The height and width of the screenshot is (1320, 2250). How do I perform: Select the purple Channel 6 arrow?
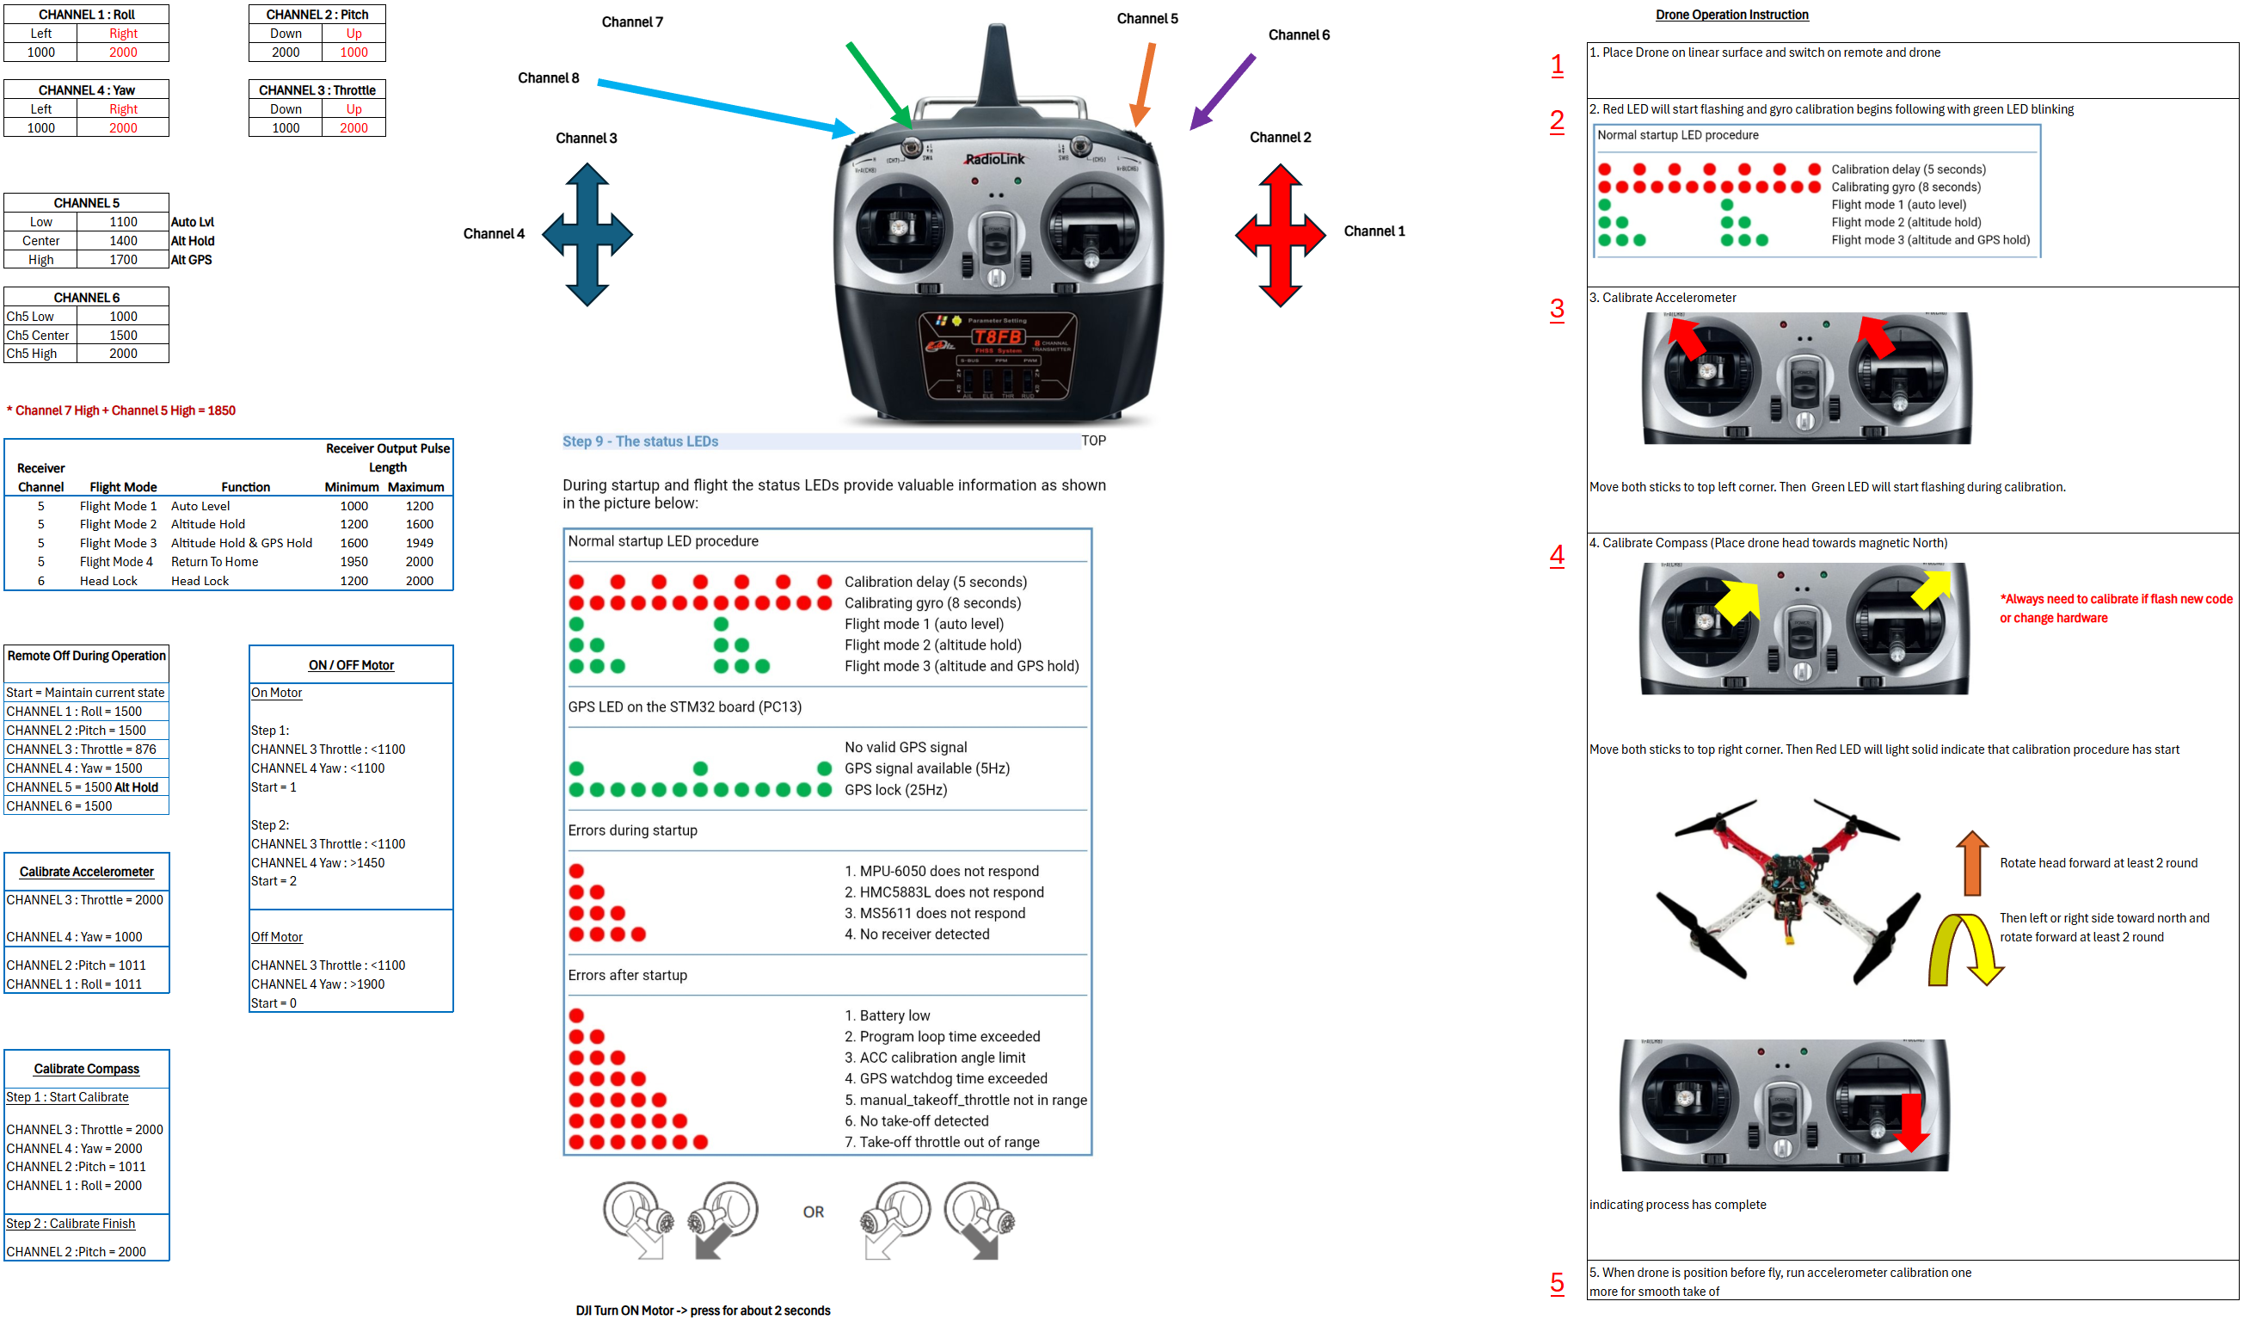click(1222, 92)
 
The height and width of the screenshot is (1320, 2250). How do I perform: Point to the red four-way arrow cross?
click(1280, 235)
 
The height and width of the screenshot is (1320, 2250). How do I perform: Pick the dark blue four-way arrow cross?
click(587, 234)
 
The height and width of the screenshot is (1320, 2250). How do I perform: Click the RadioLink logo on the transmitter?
click(994, 159)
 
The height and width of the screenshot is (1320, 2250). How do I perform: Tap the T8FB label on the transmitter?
click(998, 336)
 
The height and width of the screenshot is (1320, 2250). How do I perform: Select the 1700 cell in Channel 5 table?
click(123, 260)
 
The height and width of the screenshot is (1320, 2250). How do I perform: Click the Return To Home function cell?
click(214, 562)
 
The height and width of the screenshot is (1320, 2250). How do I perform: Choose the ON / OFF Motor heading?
click(351, 665)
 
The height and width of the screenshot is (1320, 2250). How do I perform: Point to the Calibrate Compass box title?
click(87, 1069)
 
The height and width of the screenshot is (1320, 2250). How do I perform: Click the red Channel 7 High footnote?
click(122, 410)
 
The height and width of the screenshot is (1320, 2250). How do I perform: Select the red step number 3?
click(1556, 309)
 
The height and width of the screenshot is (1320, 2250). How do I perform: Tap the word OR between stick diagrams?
click(813, 1212)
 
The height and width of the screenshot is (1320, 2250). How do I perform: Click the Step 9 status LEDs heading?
click(640, 441)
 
